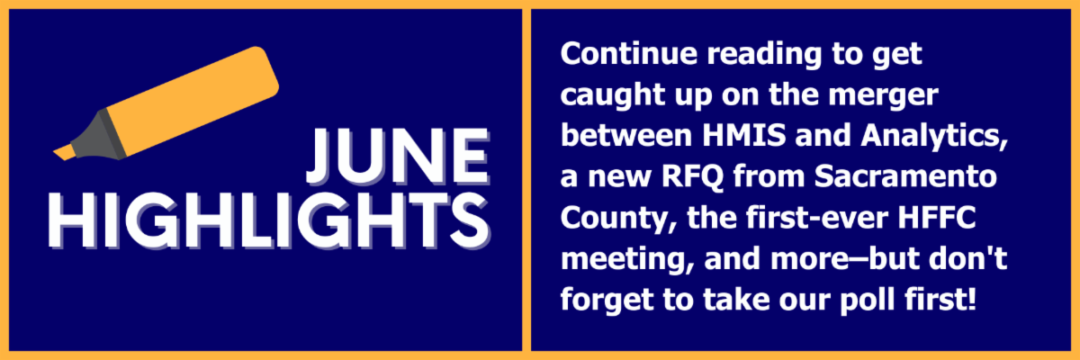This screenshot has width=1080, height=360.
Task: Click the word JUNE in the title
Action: [398, 157]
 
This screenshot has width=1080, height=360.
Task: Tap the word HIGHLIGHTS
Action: [269, 221]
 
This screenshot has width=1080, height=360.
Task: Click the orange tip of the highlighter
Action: [65, 153]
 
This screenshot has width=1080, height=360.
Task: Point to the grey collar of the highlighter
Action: [99, 135]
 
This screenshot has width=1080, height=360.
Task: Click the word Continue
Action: [629, 53]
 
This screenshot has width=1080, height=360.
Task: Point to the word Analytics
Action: [934, 137]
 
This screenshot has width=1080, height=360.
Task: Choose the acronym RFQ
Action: [692, 177]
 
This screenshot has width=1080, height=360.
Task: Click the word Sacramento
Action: [905, 176]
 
